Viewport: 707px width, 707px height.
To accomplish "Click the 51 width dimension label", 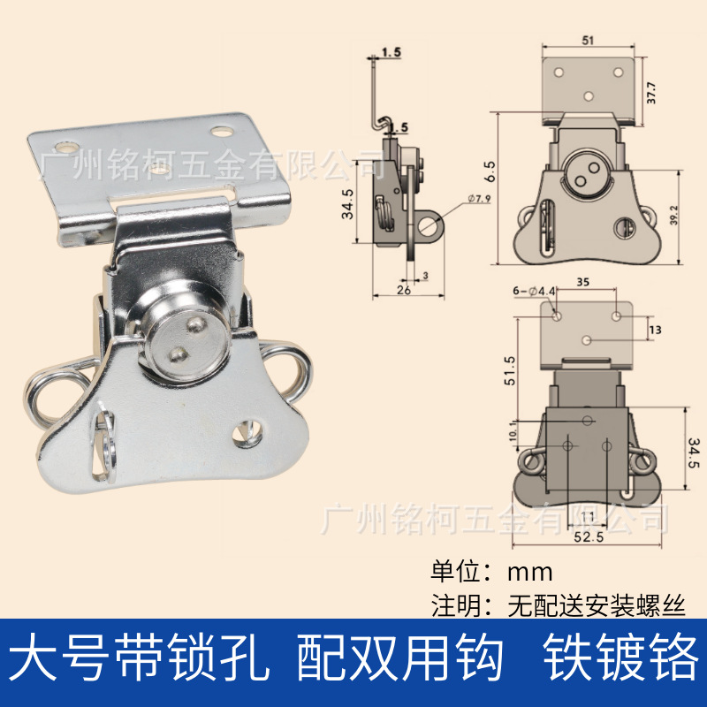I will (588, 40).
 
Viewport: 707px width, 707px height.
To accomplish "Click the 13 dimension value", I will (655, 330).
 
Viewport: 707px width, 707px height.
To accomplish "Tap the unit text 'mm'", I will (529, 569).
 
